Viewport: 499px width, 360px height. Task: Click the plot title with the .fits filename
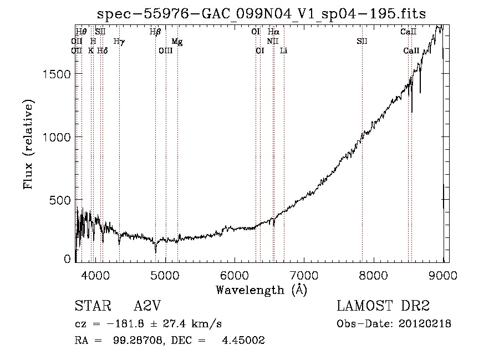pos(261,14)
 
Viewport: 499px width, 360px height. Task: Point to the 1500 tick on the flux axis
pos(57,74)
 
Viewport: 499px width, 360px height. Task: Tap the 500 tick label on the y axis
pos(60,200)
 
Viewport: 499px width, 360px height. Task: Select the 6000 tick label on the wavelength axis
pos(235,275)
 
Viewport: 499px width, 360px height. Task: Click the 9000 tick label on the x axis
pos(443,275)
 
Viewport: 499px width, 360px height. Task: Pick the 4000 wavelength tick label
pos(95,275)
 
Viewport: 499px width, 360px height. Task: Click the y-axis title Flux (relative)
pos(28,145)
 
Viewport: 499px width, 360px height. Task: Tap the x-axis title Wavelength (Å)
pos(262,290)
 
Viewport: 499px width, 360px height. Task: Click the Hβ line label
pos(155,32)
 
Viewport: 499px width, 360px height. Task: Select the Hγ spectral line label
pos(119,42)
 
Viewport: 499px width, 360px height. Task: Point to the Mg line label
pos(177,42)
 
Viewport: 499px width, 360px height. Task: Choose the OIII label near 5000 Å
pos(165,50)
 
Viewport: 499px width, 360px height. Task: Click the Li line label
pos(283,50)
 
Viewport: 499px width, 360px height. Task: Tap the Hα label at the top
pos(273,32)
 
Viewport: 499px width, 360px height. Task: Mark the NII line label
pos(273,41)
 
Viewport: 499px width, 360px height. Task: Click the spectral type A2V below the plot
pos(147,306)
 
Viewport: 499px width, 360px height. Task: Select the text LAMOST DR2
pos(383,306)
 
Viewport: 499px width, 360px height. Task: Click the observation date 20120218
pos(425,324)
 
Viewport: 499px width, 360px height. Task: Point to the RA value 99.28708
pos(138,340)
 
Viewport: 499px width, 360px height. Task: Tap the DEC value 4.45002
pos(243,340)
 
